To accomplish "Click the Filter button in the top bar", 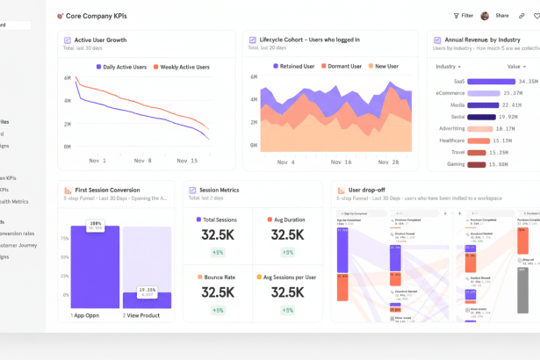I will [x=463, y=16].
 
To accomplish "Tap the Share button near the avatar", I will [x=501, y=16].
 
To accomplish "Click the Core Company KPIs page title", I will [x=96, y=16].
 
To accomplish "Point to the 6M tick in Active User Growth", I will [x=67, y=78].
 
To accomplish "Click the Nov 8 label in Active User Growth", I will [x=141, y=161].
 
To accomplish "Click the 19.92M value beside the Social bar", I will [x=508, y=116].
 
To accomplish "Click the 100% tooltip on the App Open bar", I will [x=94, y=224].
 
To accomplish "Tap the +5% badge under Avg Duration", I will [x=287, y=253].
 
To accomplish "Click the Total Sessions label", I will [x=219, y=220].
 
